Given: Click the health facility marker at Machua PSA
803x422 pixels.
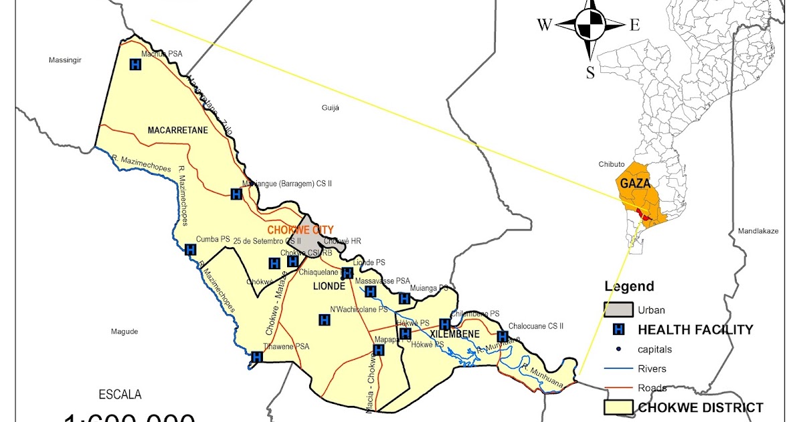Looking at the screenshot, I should point(135,65).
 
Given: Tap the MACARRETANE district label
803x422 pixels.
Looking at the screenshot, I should point(177,130).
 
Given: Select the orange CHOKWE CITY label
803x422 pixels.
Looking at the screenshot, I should point(301,230).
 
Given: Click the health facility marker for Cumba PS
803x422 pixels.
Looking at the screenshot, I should point(190,250).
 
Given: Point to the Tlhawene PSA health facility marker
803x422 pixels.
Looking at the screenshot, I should point(256,357).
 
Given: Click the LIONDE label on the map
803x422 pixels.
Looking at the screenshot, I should point(329,286).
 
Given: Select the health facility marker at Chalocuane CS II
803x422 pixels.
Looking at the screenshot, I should point(503,336).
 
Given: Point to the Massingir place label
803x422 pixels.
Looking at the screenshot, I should point(65,60).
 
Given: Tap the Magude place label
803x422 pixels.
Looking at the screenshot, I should point(124,332).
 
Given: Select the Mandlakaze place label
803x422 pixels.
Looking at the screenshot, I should point(758,231).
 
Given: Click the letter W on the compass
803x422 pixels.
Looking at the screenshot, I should point(545,25).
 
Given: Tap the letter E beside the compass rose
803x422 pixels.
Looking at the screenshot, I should point(634,25).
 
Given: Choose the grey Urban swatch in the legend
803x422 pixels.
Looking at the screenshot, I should point(618,309).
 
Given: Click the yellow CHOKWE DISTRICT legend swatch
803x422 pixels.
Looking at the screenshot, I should point(618,407).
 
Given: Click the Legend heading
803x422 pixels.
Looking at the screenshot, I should point(629,287).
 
